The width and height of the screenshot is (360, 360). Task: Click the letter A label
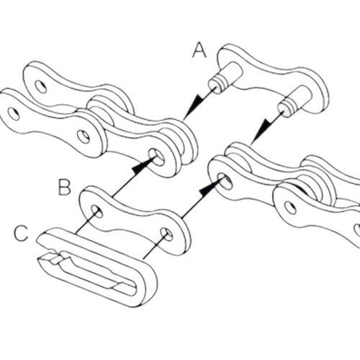coord(199,50)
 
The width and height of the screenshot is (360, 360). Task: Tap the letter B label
coord(65,187)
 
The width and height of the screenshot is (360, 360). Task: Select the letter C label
coord(21,233)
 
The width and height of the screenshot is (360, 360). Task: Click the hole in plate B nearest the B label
coord(96,211)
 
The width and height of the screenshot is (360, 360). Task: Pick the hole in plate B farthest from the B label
coord(166,234)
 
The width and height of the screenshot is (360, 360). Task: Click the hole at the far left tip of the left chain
coord(14,114)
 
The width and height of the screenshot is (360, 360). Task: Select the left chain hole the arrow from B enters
coord(156,156)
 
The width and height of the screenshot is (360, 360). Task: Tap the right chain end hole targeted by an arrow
coord(225,181)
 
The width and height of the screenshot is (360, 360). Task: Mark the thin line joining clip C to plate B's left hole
coord(86,221)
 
